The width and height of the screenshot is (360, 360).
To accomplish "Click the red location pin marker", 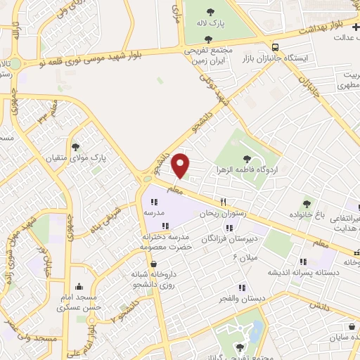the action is [x=181, y=165].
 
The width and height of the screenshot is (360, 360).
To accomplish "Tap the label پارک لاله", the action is [x=211, y=23].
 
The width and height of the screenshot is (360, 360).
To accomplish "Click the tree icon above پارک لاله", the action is [x=211, y=11].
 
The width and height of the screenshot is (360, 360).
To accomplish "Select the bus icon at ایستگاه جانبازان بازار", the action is [x=275, y=48].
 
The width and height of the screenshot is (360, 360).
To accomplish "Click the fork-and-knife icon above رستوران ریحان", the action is [x=223, y=200].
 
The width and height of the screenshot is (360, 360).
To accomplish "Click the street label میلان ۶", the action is [x=246, y=257].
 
